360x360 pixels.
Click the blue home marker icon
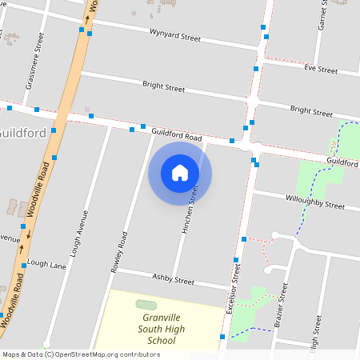point(180,173)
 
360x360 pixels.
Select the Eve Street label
point(321,70)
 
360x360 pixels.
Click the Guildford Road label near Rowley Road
point(176,136)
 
